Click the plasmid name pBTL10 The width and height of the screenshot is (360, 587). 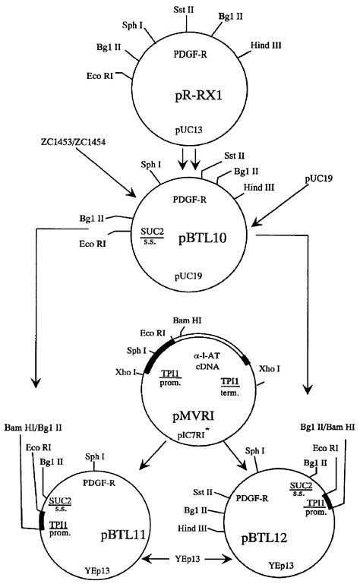point(205,236)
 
